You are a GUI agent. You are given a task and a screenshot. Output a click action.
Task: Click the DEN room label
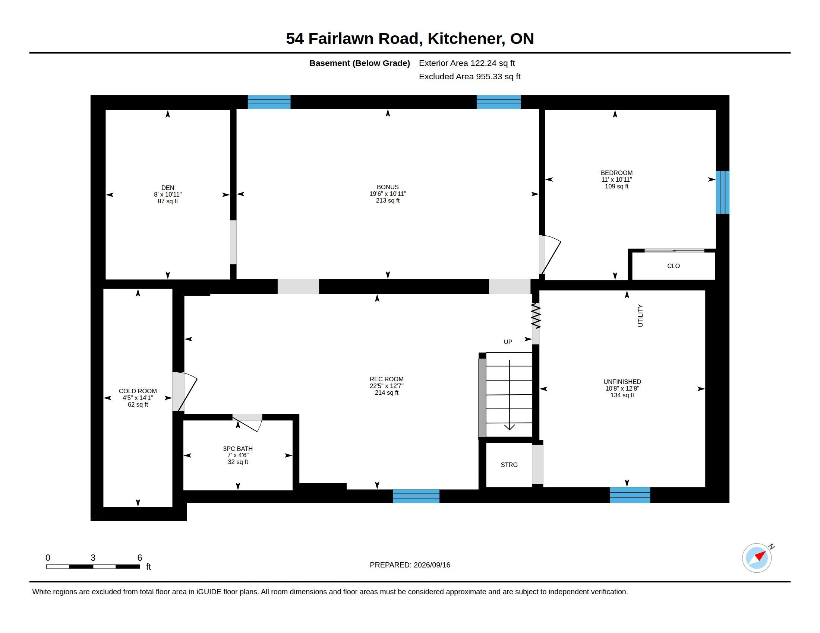(x=167, y=188)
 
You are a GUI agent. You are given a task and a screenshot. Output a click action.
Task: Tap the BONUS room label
(x=388, y=187)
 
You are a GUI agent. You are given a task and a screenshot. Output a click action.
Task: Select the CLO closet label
(x=673, y=266)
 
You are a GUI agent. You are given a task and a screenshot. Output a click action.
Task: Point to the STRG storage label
(x=509, y=465)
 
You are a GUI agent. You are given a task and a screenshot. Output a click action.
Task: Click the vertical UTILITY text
(x=640, y=315)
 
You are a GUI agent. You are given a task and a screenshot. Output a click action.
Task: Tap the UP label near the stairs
(x=508, y=341)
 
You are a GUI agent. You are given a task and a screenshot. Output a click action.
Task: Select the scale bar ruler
(x=93, y=566)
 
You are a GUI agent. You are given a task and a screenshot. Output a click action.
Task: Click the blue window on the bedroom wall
(x=722, y=193)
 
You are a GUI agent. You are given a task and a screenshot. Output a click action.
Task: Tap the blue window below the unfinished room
(x=630, y=495)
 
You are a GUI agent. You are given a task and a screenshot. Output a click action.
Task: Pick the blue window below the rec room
(x=416, y=496)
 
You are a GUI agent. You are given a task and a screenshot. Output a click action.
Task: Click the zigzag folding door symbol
(x=536, y=316)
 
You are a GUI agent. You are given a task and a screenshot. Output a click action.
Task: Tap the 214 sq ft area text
(x=387, y=392)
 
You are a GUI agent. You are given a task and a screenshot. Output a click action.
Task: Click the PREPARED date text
(x=410, y=565)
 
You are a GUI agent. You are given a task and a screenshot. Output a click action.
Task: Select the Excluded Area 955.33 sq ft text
(x=469, y=76)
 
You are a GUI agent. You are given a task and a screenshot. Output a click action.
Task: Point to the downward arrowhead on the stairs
(x=509, y=427)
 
